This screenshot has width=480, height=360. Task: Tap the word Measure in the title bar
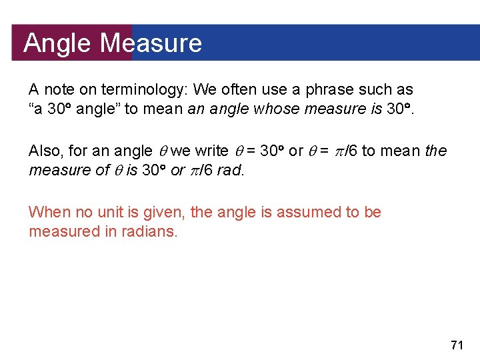151,43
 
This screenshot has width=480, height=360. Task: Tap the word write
211,151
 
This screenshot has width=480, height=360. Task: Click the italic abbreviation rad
231,171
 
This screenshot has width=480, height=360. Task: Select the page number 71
457,345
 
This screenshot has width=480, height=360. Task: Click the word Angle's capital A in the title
31,43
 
